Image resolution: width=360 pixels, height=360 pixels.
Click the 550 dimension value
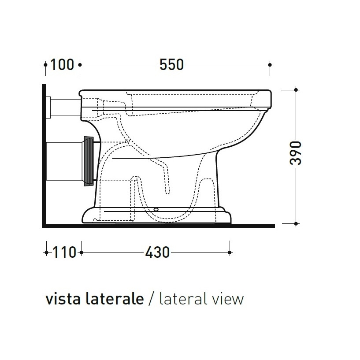(171, 65)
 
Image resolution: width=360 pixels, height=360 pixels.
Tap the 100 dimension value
(62, 65)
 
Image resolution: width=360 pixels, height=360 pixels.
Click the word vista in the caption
(61, 299)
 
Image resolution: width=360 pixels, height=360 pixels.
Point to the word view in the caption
(227, 299)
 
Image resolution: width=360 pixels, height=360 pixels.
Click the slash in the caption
(151, 299)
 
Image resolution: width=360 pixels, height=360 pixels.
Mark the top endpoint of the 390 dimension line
(296, 90)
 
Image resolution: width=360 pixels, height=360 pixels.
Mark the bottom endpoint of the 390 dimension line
(296, 223)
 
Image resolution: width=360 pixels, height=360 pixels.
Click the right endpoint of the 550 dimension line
(270, 65)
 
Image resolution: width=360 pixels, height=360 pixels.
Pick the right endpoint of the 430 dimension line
(230, 252)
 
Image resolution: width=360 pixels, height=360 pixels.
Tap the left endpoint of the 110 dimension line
(46, 252)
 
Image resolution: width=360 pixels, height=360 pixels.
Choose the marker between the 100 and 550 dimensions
(80, 65)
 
